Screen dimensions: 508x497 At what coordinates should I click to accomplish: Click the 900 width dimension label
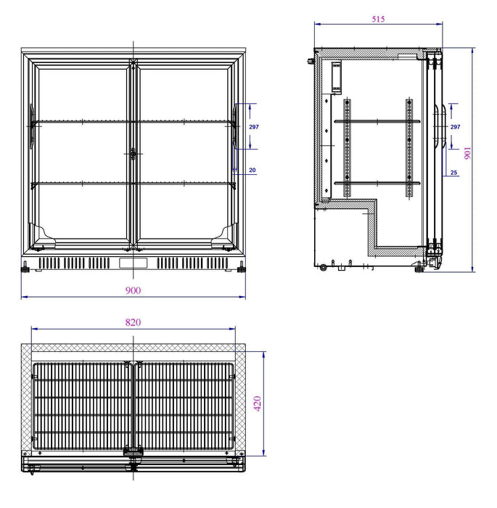[x=133, y=290]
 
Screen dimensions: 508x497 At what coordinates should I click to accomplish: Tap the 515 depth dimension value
[x=377, y=20]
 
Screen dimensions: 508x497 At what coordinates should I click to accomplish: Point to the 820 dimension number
[x=133, y=322]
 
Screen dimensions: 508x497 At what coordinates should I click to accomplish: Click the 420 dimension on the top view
[x=257, y=403]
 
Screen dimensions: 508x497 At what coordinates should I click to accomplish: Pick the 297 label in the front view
[x=253, y=127]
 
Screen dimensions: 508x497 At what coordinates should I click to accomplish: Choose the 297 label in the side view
[x=455, y=127]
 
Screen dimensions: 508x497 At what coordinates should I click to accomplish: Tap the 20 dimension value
[x=252, y=171]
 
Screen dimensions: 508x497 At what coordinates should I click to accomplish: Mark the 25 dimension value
[x=453, y=173]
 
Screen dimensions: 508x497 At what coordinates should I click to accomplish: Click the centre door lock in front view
[x=133, y=154]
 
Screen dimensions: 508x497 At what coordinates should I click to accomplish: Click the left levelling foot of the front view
[x=28, y=269]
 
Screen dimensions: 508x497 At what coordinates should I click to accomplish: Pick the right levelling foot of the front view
[x=239, y=269]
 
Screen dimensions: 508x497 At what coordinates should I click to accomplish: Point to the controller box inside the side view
[x=336, y=77]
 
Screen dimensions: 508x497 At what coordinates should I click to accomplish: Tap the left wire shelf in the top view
[x=81, y=404]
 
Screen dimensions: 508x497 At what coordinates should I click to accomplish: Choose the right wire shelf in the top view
[x=186, y=404]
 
